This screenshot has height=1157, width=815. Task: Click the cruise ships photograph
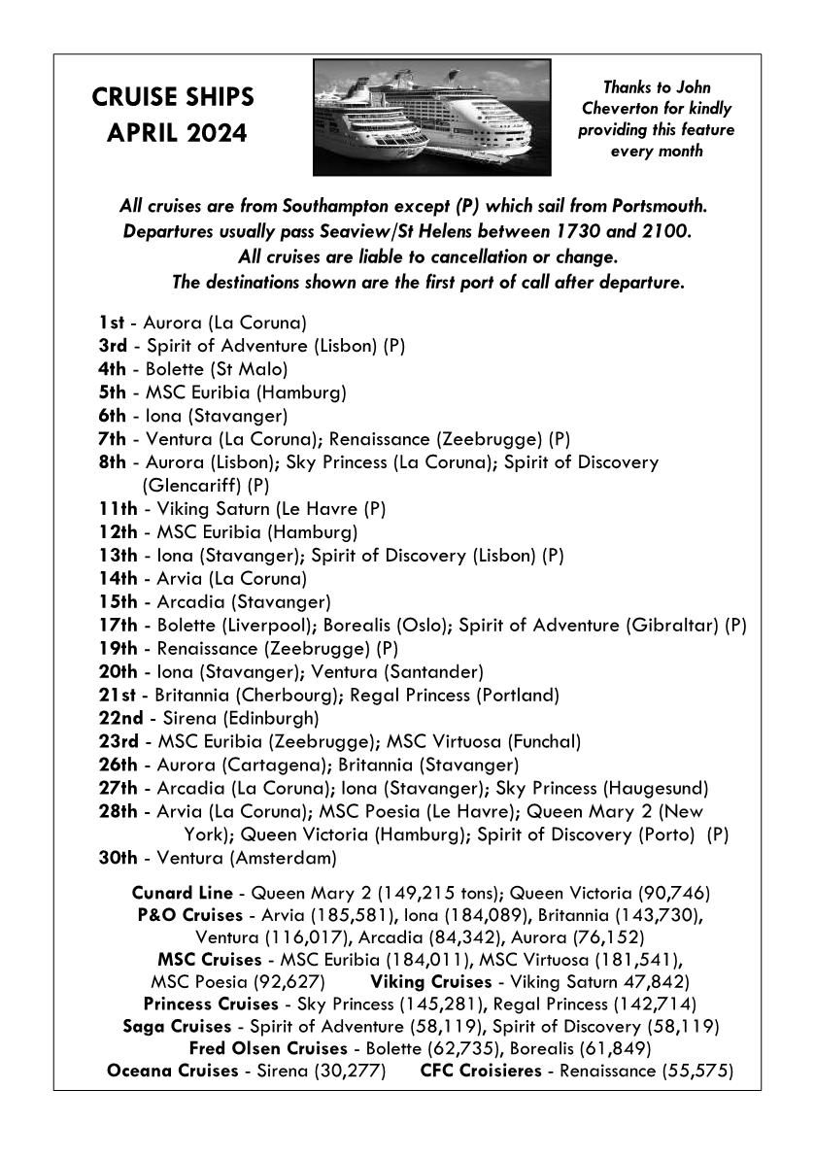431,118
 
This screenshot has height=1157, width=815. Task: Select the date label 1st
111,323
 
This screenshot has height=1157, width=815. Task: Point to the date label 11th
118,509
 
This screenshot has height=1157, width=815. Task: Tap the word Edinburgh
268,718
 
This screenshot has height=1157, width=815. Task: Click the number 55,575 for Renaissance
696,1072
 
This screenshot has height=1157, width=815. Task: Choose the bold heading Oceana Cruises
172,1072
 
